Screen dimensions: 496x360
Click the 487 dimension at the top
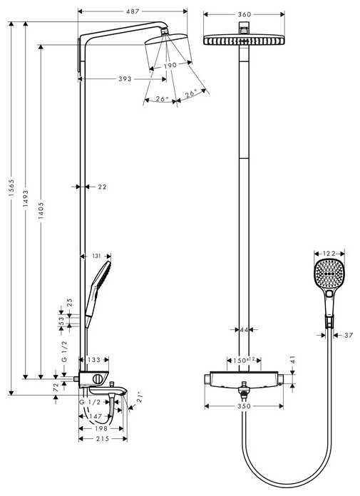tap(133, 12)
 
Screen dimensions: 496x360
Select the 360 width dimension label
tap(245, 14)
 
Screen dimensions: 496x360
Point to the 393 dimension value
tap(125, 79)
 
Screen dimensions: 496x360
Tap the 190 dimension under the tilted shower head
tap(169, 66)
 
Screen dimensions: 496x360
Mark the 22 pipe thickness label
tap(101, 187)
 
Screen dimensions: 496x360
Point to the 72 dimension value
tap(56, 387)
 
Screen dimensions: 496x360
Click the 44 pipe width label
tap(245, 329)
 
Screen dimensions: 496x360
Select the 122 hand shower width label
tap(329, 253)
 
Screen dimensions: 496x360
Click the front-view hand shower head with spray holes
tap(329, 274)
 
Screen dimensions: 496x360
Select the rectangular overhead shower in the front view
tap(245, 40)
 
